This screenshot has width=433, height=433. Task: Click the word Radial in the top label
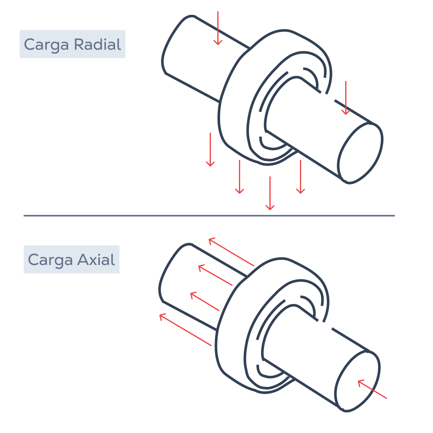click(98, 44)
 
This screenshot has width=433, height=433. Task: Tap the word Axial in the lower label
click(96, 259)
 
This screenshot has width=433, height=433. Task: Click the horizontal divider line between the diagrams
click(209, 216)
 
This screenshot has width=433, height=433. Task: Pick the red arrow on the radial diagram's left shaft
click(218, 28)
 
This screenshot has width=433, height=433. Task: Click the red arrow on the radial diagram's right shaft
click(346, 98)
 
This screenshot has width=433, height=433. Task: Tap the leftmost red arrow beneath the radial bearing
click(210, 150)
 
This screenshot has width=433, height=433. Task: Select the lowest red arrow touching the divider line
click(270, 193)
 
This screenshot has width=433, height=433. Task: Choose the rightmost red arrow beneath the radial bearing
click(300, 177)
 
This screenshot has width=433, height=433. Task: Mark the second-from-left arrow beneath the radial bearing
click(239, 177)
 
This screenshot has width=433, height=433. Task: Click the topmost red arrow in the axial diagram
click(231, 252)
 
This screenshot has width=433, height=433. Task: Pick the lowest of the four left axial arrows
click(186, 330)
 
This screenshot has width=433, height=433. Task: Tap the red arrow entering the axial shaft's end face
click(372, 389)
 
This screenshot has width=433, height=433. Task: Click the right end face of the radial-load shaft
click(360, 153)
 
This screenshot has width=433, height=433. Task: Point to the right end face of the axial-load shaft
click(357, 382)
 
